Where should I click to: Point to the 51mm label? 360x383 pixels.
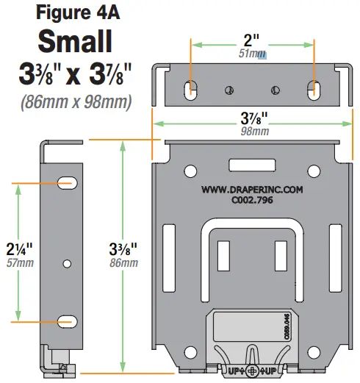pos(252,54)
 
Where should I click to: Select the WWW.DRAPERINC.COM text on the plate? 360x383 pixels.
pos(252,189)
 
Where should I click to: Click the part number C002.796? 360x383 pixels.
pos(252,199)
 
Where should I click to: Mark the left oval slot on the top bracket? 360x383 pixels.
pos(191,89)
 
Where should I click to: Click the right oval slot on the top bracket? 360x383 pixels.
pos(314,89)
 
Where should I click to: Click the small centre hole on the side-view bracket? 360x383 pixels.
pos(68,262)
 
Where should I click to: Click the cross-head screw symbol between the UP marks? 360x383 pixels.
pos(253,372)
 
